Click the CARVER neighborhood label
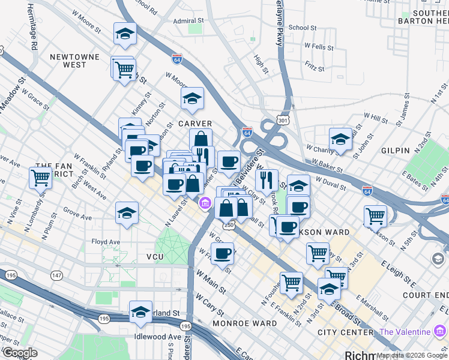point(194,123)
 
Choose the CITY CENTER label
point(345,332)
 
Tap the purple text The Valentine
point(405,332)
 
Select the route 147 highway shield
point(56,275)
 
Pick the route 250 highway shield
point(229,224)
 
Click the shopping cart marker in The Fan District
point(40,178)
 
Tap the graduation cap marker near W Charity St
point(340,139)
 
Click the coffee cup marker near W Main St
point(222,253)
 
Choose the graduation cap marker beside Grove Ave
point(126,214)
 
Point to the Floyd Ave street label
point(106,242)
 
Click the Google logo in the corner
point(20,353)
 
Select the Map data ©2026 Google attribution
point(412,355)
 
